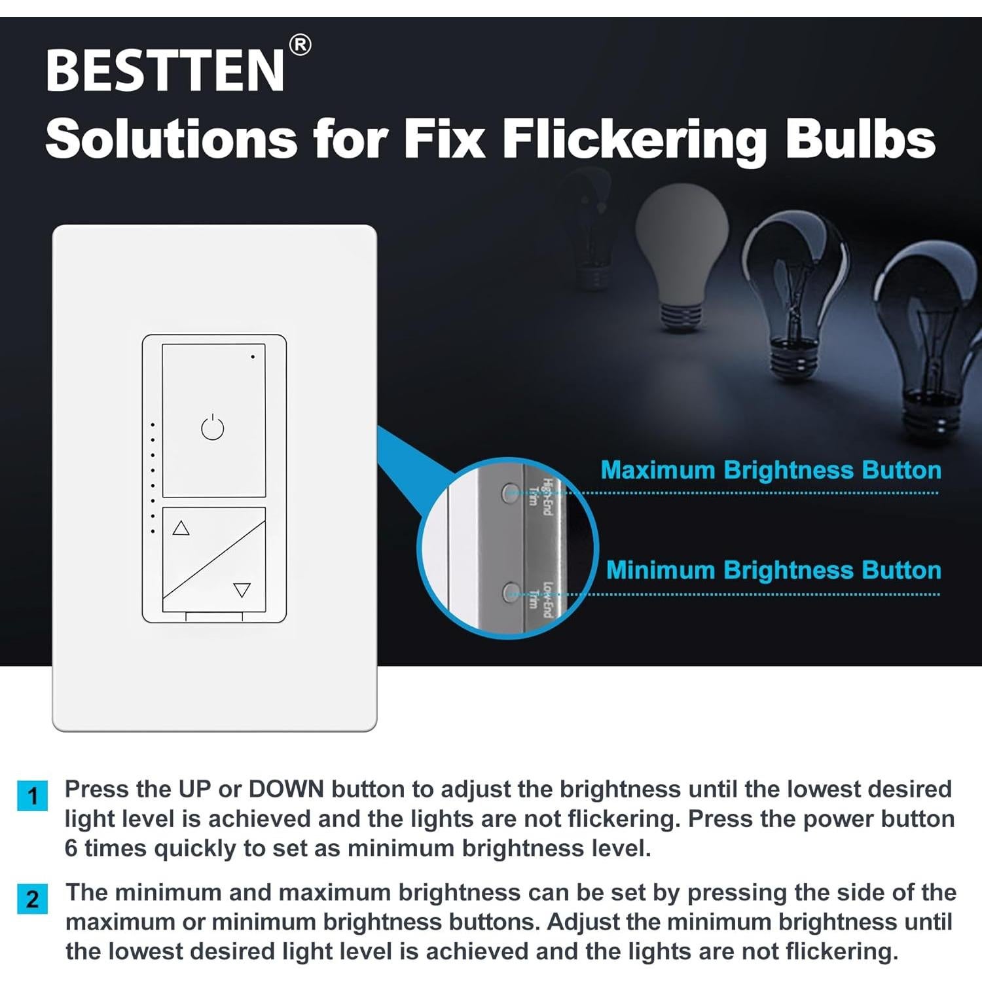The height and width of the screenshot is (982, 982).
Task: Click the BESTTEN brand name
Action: (x=165, y=70)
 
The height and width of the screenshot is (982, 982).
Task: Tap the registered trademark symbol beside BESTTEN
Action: (x=300, y=45)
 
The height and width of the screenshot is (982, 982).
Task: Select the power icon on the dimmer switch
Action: (x=213, y=428)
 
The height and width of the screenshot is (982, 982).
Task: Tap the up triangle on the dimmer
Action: (x=181, y=528)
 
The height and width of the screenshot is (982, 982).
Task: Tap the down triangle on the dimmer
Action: (x=242, y=590)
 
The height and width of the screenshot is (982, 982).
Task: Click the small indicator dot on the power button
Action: (x=253, y=357)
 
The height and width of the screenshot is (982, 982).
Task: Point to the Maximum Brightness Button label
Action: (x=771, y=470)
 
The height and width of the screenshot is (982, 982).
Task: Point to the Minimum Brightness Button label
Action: (x=773, y=570)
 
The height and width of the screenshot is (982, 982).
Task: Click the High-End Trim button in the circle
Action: (x=510, y=493)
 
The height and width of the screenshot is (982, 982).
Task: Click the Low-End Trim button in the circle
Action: (x=510, y=593)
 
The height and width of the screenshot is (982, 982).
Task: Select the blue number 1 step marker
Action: (x=32, y=795)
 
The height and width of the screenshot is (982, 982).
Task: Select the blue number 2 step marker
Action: (x=32, y=899)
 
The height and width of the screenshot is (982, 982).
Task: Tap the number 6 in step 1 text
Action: (x=71, y=848)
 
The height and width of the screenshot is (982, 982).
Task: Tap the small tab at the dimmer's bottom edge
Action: (x=214, y=617)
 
